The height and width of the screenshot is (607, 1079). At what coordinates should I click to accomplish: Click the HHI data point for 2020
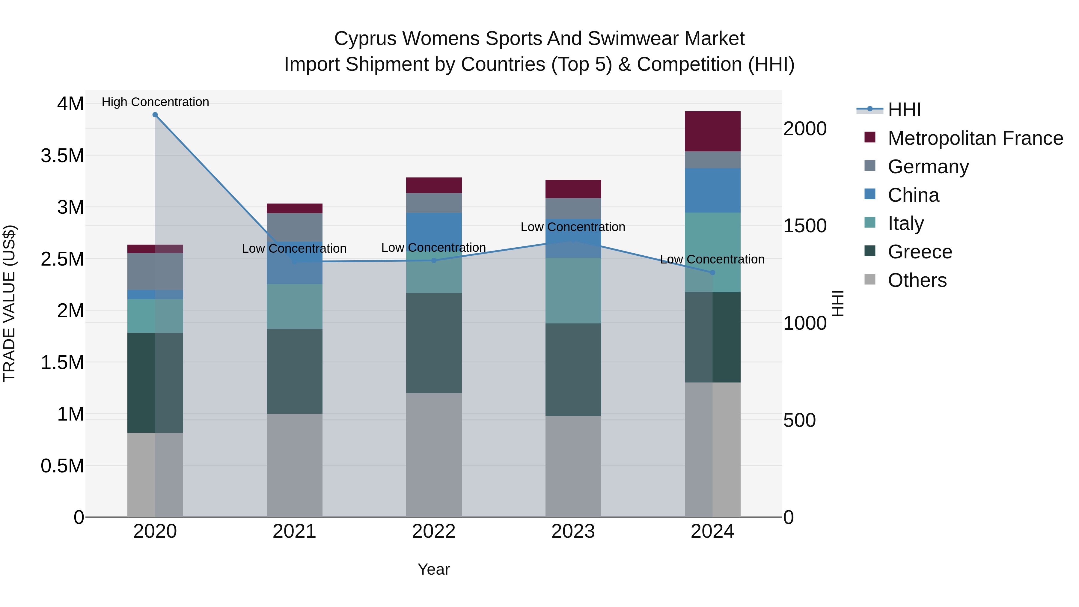(155, 115)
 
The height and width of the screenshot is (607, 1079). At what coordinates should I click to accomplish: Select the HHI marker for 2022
(434, 260)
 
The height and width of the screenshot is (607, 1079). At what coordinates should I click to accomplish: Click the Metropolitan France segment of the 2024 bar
(712, 131)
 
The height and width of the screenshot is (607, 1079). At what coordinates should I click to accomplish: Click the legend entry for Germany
(928, 167)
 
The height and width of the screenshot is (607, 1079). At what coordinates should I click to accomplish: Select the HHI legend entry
(904, 110)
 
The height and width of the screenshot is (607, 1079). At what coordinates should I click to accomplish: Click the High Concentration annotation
(155, 102)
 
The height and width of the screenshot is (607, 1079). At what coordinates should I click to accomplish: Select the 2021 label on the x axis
(294, 531)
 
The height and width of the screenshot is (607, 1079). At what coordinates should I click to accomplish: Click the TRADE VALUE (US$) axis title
(9, 303)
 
